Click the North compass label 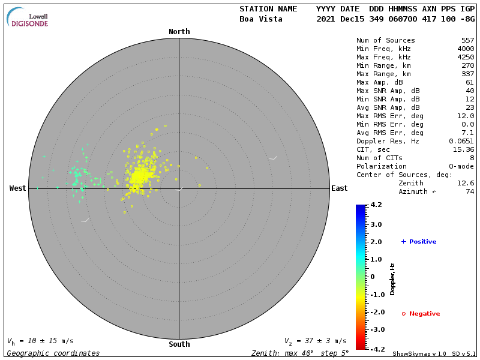coord(179,32)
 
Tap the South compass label coord(179,344)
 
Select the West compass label coord(18,188)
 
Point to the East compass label coord(340,188)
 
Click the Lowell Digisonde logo coord(28,17)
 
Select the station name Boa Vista coord(259,19)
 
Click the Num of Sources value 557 coord(467,41)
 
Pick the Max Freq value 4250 coord(465,58)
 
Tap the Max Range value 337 coord(467,74)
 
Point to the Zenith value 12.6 coord(465,183)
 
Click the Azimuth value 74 coord(469,191)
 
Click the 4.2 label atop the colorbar coord(376,205)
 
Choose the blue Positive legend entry coord(419,242)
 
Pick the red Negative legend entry coord(421,314)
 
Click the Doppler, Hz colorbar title coord(392,278)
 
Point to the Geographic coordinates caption coord(53,353)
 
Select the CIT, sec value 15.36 coord(463,149)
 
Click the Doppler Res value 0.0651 coord(461,141)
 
